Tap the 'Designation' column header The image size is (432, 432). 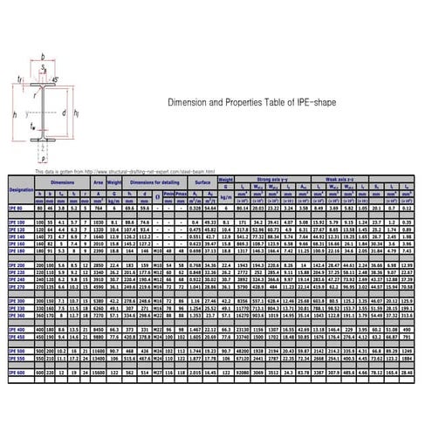tap(20, 189)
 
